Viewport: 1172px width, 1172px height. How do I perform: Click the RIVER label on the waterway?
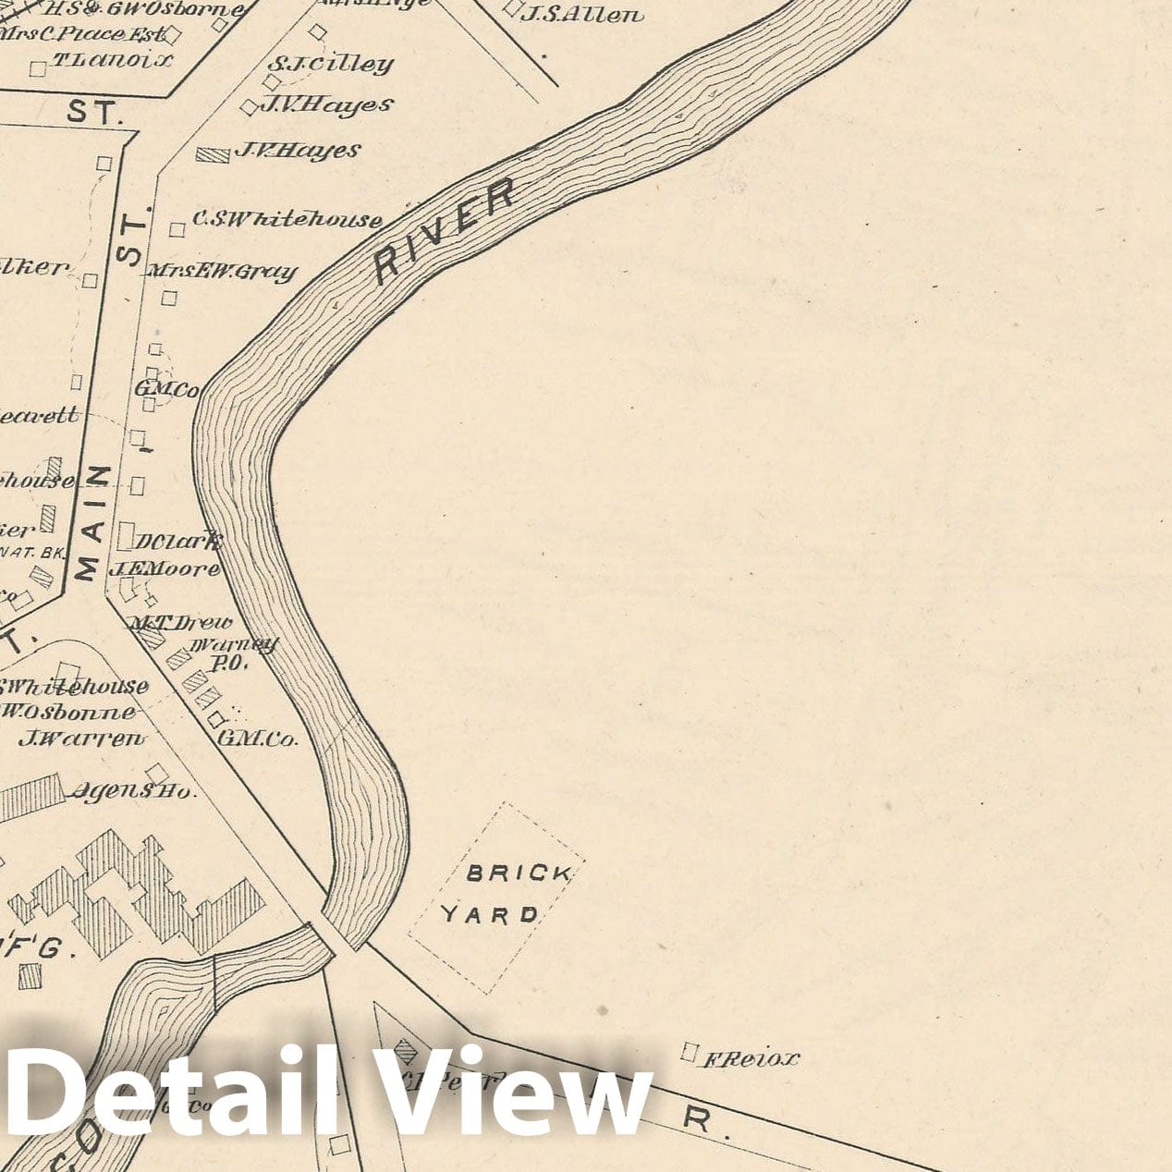[x=445, y=231]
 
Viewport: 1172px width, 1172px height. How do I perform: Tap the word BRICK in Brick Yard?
[x=506, y=873]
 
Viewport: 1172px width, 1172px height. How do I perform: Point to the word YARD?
[x=490, y=915]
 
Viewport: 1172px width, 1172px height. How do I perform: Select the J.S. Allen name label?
[x=581, y=14]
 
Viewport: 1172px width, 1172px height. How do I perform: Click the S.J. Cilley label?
[x=330, y=64]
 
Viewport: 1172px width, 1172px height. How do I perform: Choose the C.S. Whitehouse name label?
[x=287, y=220]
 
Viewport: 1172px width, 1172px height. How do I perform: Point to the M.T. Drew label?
[x=181, y=623]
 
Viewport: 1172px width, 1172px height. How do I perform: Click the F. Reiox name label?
[x=751, y=1058]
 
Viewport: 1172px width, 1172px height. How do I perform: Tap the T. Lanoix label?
[x=112, y=61]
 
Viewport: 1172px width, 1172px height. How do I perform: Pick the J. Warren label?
[x=82, y=738]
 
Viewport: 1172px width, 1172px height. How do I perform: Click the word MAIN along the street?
[x=98, y=523]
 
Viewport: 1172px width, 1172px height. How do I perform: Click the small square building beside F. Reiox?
[x=689, y=1051]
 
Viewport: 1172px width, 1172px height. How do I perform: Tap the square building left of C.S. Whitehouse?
[x=177, y=228]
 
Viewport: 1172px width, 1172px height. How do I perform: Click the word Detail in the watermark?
[x=157, y=1093]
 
